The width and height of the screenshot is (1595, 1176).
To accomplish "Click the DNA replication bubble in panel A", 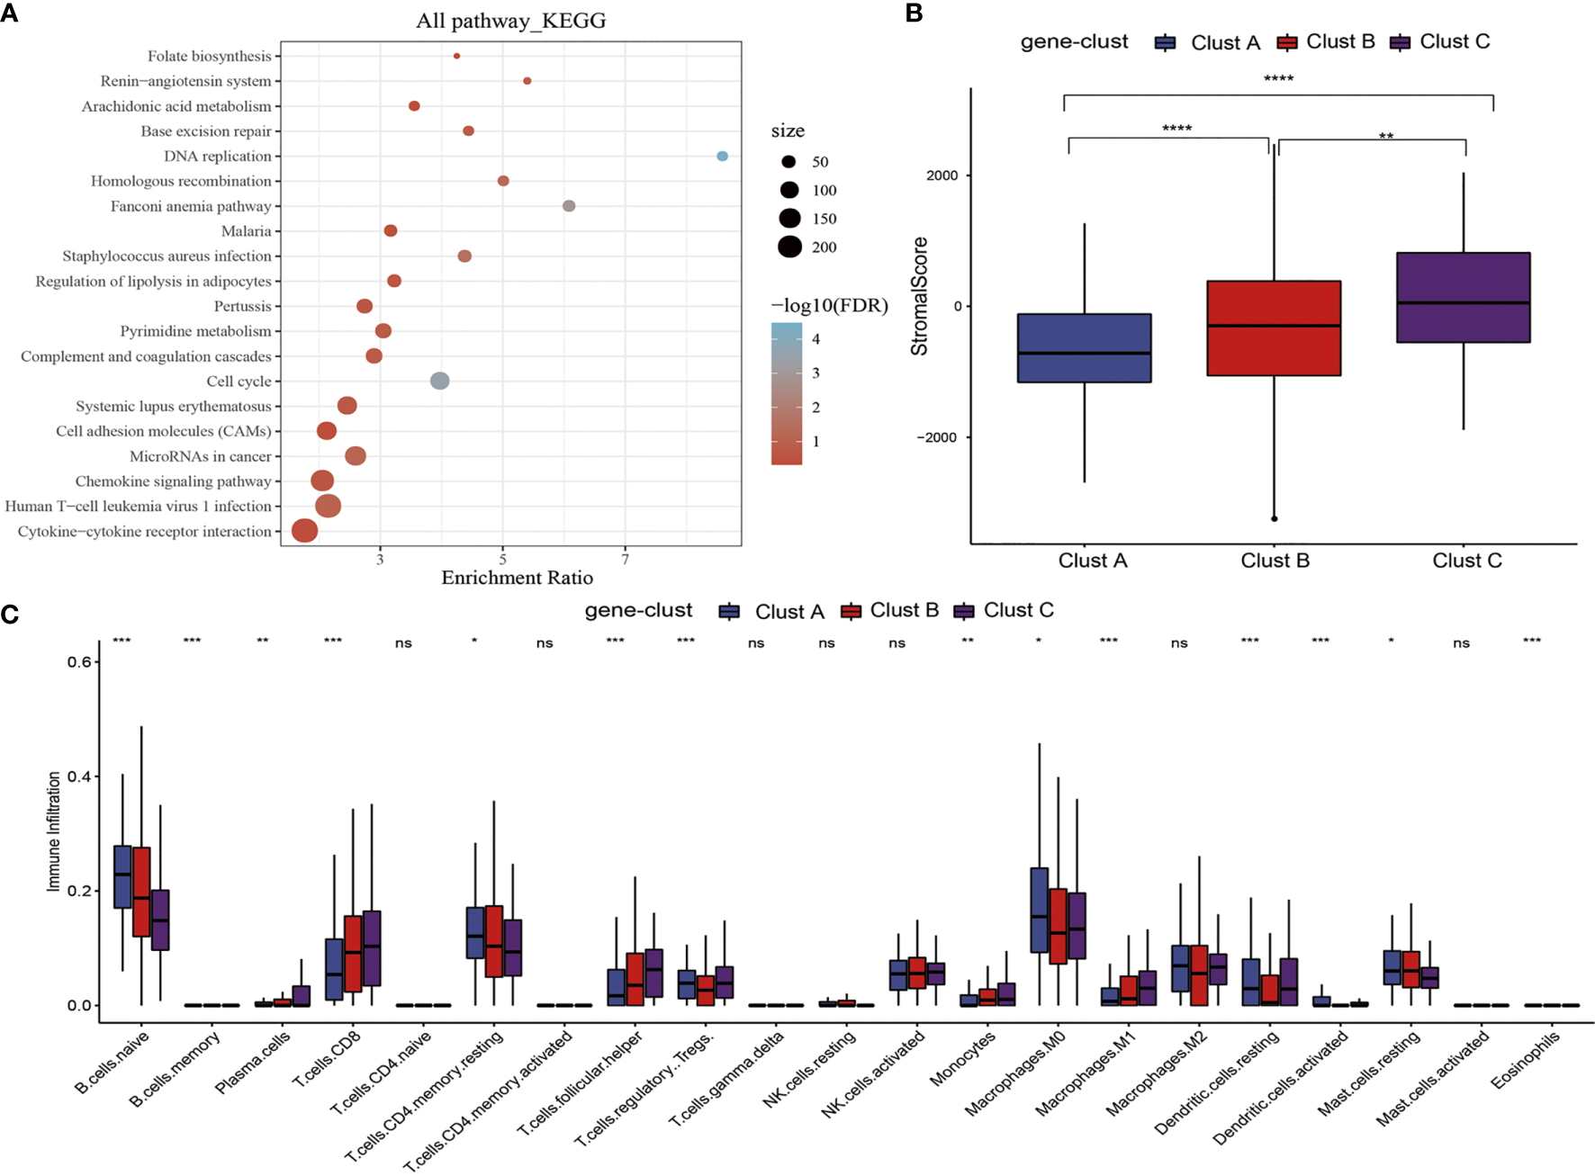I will (x=722, y=156).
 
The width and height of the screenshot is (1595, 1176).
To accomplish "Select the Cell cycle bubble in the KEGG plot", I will (x=439, y=381).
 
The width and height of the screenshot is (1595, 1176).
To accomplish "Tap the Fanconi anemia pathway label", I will (x=191, y=206).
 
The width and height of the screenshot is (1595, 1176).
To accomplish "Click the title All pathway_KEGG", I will (x=510, y=21).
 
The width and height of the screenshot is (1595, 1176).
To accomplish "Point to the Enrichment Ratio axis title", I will (x=517, y=578).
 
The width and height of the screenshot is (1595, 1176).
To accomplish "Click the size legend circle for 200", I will (x=789, y=247).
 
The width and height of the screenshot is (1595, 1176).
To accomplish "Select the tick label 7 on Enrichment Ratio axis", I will (x=626, y=560).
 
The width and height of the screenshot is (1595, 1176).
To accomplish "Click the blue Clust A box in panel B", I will (x=1084, y=348).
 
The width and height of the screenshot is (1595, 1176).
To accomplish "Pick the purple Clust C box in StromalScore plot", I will (x=1463, y=297).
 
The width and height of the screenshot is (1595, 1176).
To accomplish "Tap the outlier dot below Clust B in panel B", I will (x=1274, y=519).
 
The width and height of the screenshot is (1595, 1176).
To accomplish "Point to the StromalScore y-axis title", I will (x=919, y=296).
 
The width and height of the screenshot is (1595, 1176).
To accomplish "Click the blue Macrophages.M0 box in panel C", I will (x=1039, y=910).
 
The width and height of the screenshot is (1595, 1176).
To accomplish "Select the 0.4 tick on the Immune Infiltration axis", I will (x=79, y=777).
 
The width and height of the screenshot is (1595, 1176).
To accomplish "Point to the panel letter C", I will (x=10, y=614).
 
